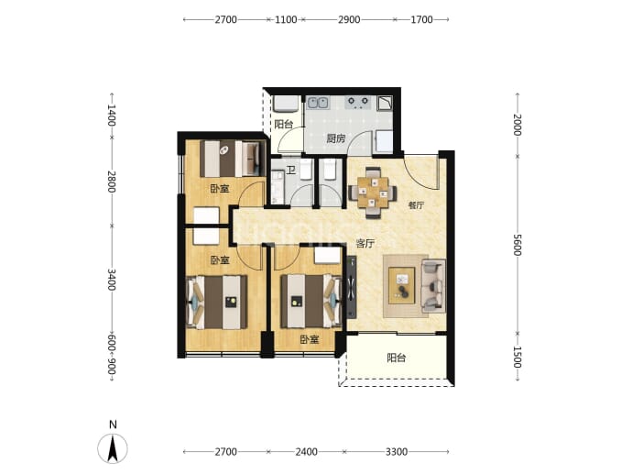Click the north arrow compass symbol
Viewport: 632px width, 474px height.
113,448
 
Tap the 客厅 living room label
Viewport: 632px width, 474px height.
365,243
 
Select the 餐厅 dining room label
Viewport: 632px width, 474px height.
417,205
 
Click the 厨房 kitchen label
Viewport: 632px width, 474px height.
336,138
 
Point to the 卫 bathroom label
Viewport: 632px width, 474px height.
291,171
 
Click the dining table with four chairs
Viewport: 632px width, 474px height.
373,193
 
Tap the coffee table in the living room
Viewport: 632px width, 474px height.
401,285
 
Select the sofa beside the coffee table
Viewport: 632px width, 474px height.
433,286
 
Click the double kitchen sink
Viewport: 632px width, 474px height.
318,103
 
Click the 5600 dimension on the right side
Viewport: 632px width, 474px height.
518,245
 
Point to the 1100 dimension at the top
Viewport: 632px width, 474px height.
286,19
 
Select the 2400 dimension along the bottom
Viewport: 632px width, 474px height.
306,452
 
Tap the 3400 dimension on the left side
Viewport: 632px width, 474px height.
112,279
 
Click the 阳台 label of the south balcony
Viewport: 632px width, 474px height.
397,358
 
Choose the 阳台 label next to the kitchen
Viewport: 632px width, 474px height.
284,125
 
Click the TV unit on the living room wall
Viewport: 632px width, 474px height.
352,288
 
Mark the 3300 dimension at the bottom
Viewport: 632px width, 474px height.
397,452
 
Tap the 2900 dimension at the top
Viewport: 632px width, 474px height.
349,19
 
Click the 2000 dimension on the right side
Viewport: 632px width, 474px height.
518,125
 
